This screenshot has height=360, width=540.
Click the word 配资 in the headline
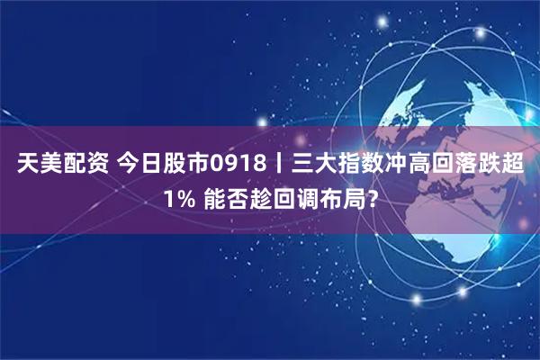(x=86, y=166)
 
